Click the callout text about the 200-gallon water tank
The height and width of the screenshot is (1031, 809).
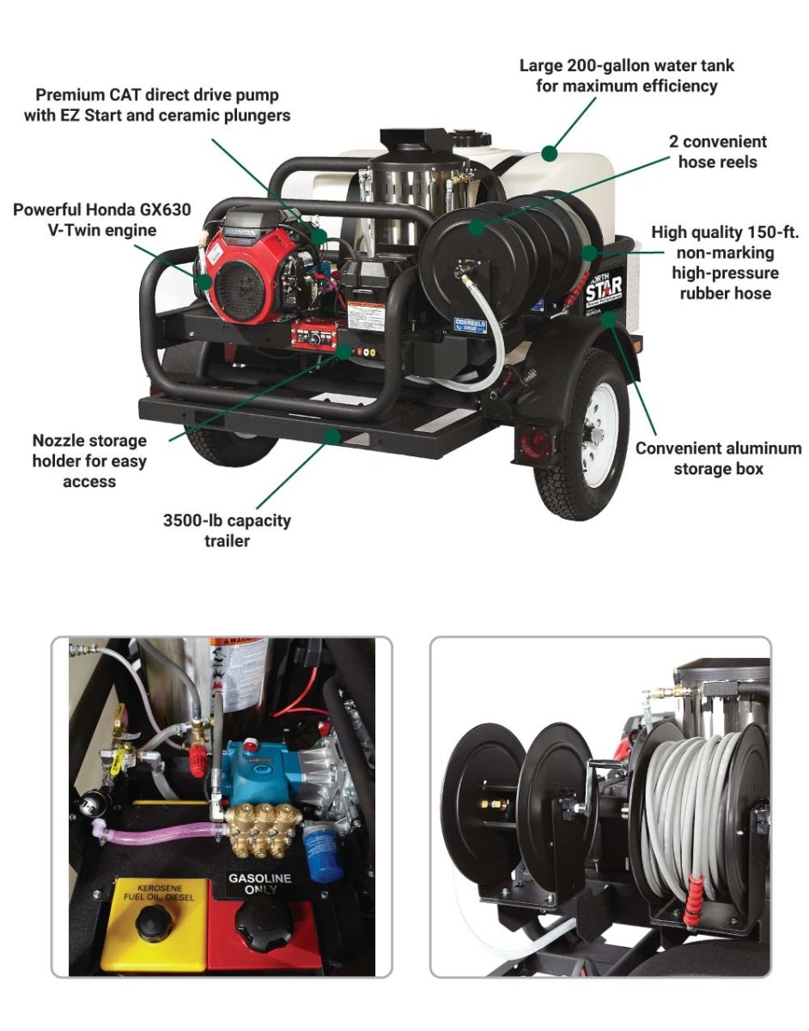point(626,76)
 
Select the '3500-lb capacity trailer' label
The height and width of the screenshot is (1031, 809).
point(227,530)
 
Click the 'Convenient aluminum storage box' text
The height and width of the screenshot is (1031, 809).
point(718,459)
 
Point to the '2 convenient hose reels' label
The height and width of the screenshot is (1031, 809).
point(718,150)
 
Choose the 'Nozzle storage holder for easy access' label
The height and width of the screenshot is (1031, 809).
point(89,461)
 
